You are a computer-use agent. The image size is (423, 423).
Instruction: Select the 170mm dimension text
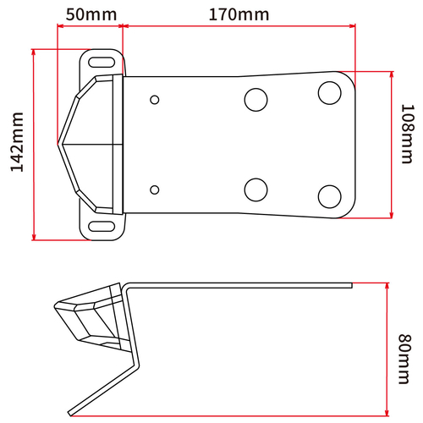[238, 14]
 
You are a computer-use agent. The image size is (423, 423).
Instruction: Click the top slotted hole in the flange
[102, 63]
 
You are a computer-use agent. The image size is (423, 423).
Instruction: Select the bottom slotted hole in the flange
[102, 225]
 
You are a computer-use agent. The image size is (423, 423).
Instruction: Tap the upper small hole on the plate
[155, 101]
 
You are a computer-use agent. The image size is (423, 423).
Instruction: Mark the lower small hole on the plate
[155, 188]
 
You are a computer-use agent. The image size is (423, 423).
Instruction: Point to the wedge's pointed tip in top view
[58, 145]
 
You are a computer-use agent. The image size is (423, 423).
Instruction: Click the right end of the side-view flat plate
[349, 284]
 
